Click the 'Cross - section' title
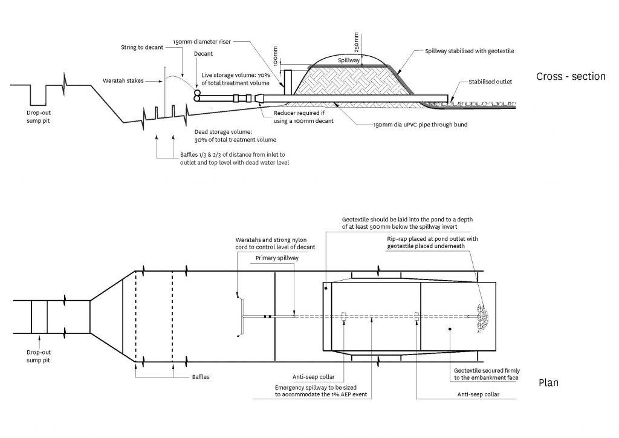(x=570, y=76)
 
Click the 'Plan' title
(x=548, y=382)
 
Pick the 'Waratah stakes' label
(x=124, y=80)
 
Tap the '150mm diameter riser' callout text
(x=201, y=42)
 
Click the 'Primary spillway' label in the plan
(x=273, y=258)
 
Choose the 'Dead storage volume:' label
(x=223, y=131)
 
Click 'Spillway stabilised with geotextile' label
(x=470, y=51)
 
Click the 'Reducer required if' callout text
(x=303, y=113)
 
